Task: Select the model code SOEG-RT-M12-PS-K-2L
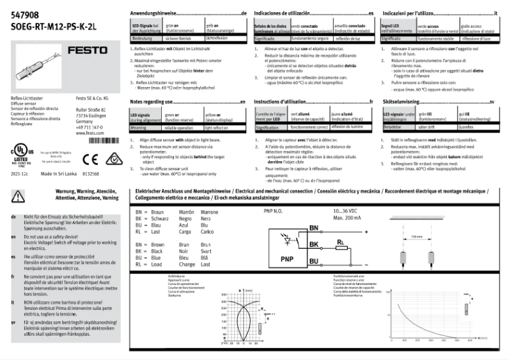[44, 27]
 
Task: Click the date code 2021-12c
[20, 173]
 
